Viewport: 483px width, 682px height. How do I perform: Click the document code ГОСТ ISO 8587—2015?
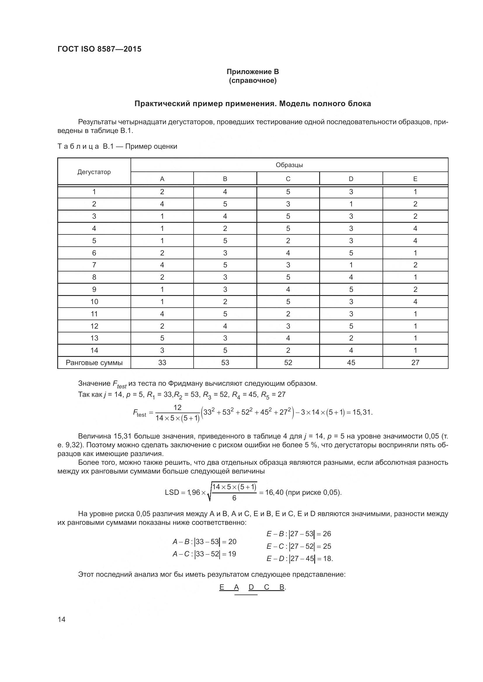tap(99, 49)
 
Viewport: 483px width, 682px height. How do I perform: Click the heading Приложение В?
tap(253, 72)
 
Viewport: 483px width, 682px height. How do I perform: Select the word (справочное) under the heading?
tap(253, 80)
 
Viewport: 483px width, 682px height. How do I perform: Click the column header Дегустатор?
tap(94, 172)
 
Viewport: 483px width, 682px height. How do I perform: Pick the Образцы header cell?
tap(289, 165)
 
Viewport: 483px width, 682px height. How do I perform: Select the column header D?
tap(351, 179)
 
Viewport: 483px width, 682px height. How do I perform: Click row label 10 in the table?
tap(94, 301)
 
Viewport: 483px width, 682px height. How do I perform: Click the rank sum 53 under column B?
tap(225, 362)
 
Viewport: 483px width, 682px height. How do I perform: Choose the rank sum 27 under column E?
tap(415, 362)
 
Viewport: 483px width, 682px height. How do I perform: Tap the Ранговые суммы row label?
tap(94, 362)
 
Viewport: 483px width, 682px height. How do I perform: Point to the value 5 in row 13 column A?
tap(162, 338)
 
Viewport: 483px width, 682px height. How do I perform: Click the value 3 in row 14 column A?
tap(162, 350)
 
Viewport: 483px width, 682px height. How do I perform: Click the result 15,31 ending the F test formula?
tap(362, 412)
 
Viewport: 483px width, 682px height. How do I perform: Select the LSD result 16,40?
tap(274, 492)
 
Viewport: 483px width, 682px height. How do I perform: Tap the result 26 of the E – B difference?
tap(327, 534)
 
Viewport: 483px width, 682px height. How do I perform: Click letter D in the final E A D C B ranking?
tap(251, 587)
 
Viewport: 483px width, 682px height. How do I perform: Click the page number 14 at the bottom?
tap(62, 619)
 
